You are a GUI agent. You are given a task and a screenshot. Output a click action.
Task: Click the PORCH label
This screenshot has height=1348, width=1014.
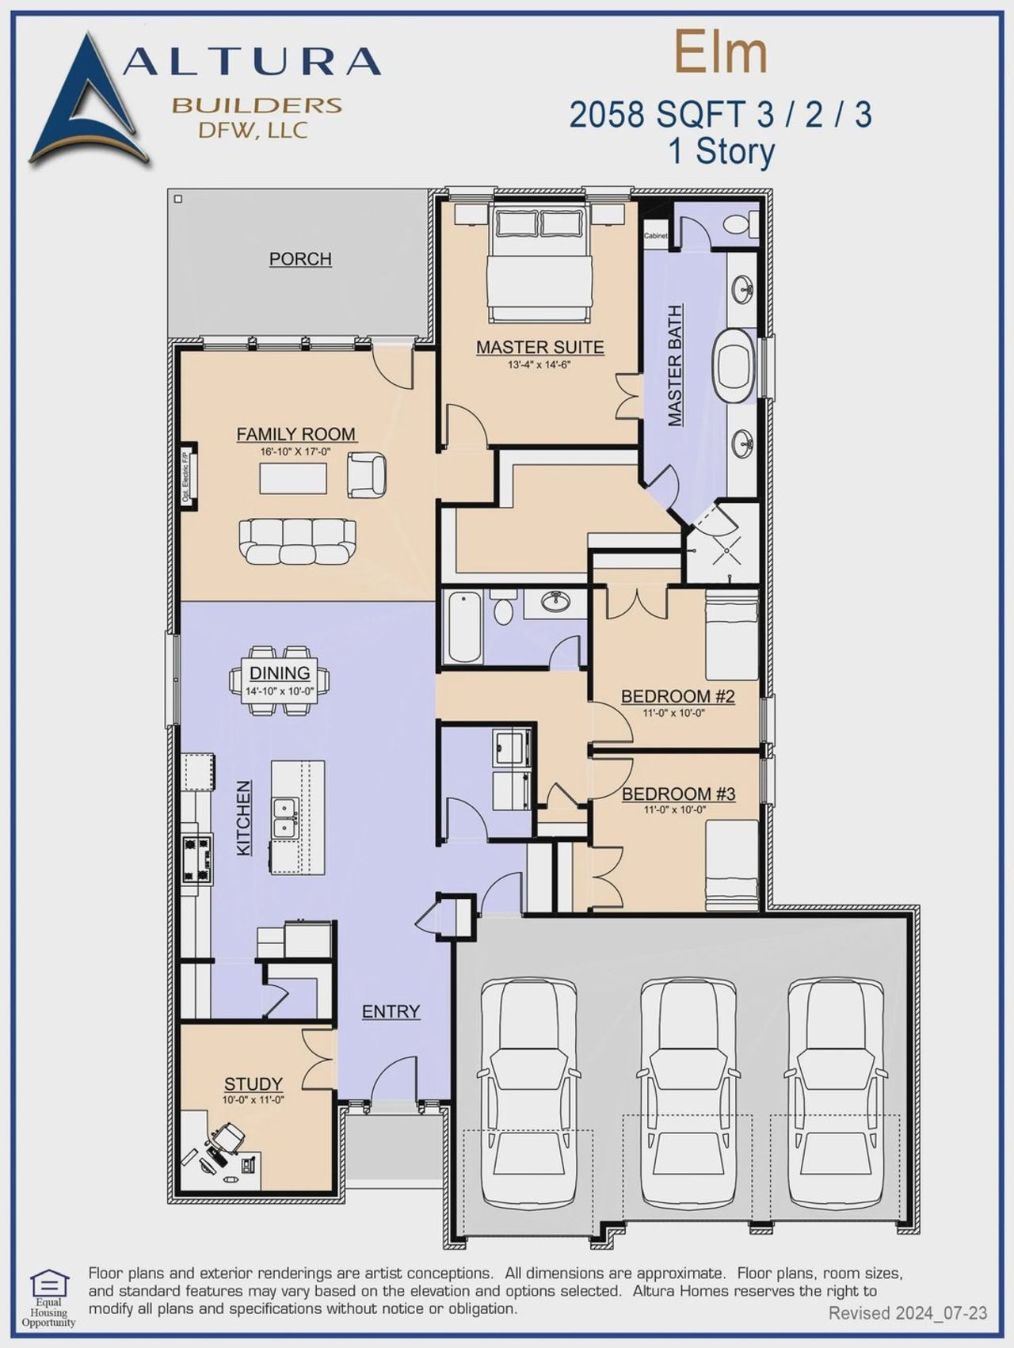[299, 259]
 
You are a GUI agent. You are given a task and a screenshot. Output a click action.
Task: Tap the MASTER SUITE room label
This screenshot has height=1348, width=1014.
[539, 347]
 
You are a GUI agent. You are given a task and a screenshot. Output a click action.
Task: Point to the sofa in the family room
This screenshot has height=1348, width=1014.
[297, 541]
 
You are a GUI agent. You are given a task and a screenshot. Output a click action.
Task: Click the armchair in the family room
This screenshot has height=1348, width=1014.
[367, 474]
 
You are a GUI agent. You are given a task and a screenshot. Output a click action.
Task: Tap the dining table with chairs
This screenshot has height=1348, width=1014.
[280, 680]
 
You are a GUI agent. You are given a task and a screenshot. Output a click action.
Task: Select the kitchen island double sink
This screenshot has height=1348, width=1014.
[284, 818]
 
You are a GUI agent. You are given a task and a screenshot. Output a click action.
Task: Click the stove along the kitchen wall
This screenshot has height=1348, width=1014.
[196, 859]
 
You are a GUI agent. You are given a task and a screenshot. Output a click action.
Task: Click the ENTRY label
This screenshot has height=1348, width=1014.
[391, 1011]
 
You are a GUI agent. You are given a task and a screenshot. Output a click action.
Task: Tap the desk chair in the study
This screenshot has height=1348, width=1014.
[227, 1139]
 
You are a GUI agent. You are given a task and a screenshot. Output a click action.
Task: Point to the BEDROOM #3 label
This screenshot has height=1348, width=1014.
[678, 794]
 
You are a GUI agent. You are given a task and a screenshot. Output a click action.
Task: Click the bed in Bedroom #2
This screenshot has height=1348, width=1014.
[731, 638]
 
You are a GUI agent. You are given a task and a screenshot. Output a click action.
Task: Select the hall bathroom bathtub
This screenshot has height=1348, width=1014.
[463, 626]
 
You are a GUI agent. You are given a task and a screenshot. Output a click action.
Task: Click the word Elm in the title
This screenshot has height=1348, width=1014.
[720, 52]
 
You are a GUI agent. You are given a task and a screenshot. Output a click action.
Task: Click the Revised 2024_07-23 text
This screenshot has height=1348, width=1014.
[908, 1313]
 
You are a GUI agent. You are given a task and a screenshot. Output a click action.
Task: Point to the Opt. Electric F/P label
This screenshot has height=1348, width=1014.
[186, 477]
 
